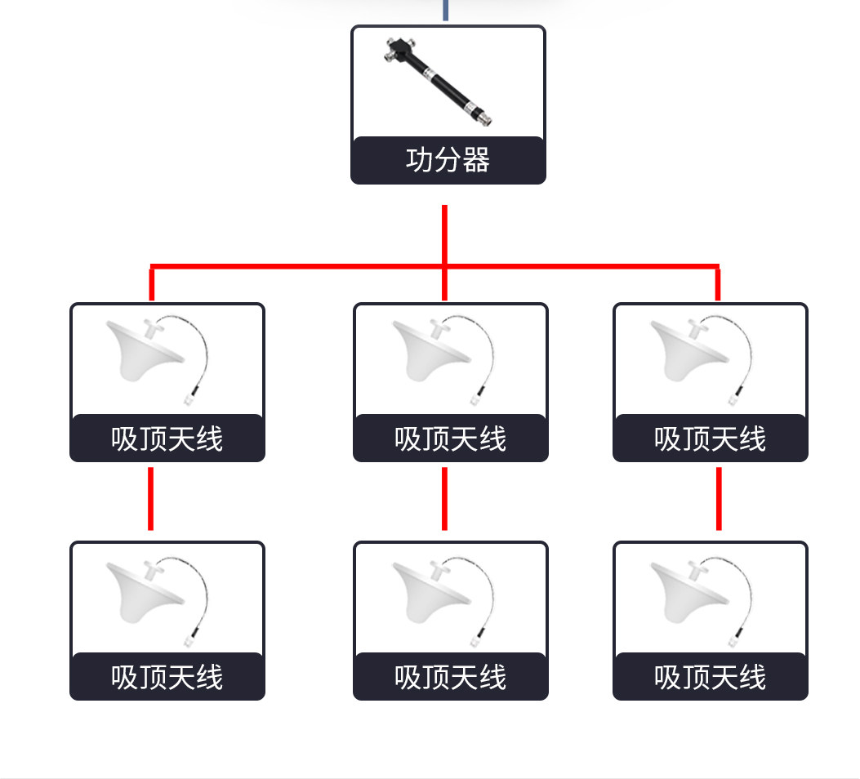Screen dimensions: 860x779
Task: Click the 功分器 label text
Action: pyautogui.click(x=448, y=160)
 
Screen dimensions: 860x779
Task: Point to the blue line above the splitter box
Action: pyautogui.click(x=445, y=10)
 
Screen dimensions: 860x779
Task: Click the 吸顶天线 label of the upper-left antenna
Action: pyautogui.click(x=167, y=439)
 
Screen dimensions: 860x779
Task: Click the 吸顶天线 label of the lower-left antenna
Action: pyautogui.click(x=167, y=678)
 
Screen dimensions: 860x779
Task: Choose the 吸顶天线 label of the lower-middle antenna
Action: pyautogui.click(x=450, y=678)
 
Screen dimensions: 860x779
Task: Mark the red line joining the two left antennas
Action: pyautogui.click(x=151, y=498)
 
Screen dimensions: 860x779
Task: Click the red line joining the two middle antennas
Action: pyautogui.click(x=444, y=498)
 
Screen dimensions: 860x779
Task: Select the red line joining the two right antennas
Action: pyautogui.click(x=719, y=498)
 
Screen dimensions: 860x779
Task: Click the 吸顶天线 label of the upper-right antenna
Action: pyautogui.click(x=710, y=439)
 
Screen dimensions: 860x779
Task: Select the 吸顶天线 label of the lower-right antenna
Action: pyautogui.click(x=710, y=678)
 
